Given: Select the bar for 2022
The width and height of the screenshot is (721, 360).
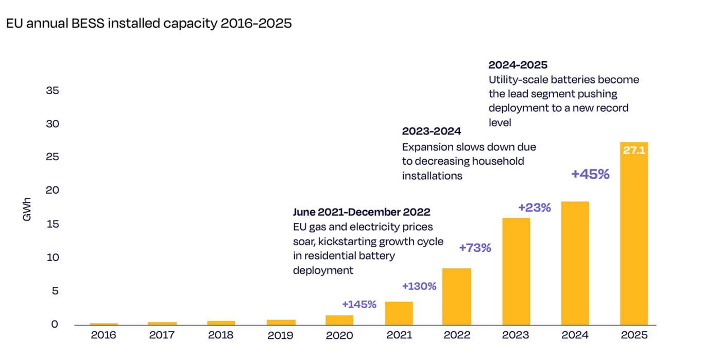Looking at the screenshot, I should pos(456,297).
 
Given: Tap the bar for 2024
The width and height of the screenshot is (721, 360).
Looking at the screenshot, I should pos(575,263).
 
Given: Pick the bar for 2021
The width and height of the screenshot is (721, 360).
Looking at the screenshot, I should pos(399,313).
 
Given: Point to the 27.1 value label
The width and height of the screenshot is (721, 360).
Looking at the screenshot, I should pos(634,151).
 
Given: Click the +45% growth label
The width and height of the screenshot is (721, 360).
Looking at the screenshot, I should pos(590,174).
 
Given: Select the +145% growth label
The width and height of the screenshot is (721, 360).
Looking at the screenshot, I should pos(359,304).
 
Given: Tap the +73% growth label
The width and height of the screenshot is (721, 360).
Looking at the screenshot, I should pos(475,248).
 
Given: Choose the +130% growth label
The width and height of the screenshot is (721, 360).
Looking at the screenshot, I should pos(419,286).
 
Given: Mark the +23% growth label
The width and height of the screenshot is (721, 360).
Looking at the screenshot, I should pos(535,208).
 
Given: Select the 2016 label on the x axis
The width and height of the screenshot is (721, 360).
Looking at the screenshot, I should pos(104,335).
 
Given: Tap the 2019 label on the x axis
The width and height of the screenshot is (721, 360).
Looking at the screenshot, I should pos(281,335).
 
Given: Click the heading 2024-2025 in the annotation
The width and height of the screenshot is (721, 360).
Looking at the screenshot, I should pos(518,65).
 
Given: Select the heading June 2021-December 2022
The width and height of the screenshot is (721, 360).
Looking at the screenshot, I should pos(361,212).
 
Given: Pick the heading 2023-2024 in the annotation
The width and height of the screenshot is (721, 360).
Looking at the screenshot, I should pos(432,131).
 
